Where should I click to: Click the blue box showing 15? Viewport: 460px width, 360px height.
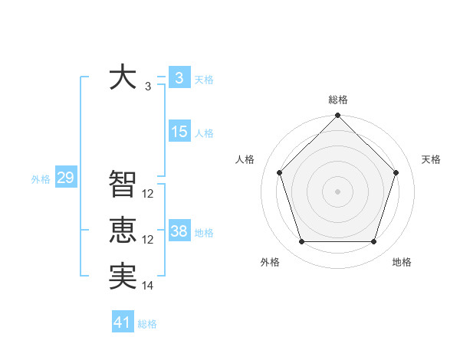click(179, 132)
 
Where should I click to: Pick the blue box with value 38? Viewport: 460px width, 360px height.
click(179, 231)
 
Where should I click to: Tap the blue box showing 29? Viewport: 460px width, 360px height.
click(65, 178)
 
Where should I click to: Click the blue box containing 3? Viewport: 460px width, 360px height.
click(179, 77)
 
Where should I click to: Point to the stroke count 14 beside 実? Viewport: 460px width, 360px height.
click(148, 286)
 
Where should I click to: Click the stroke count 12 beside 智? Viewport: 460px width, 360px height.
click(148, 194)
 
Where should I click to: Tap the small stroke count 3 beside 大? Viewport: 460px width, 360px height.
click(148, 87)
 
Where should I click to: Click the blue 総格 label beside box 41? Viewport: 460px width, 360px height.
click(147, 324)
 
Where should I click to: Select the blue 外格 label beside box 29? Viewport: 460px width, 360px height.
click(41, 179)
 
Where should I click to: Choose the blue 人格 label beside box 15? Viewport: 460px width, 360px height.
click(204, 133)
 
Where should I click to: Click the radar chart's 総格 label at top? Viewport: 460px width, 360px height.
click(338, 100)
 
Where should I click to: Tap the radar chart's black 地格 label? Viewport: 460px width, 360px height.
click(402, 262)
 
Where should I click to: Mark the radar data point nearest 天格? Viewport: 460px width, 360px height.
click(396, 172)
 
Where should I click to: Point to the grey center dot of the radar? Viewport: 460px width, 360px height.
click(338, 191)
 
